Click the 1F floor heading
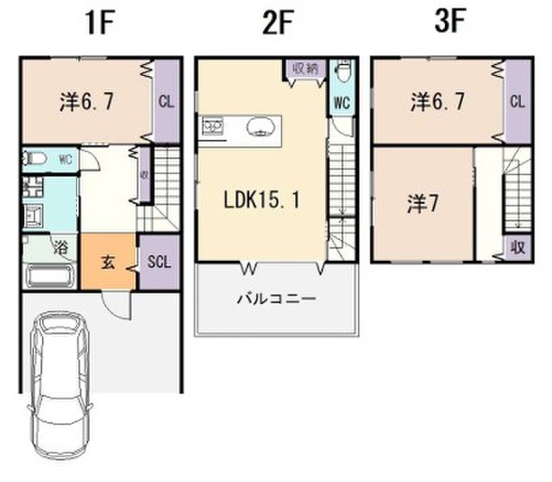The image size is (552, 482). [100, 22]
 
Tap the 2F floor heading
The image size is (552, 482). [278, 22]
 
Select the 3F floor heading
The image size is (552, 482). [450, 22]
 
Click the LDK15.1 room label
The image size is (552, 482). [262, 200]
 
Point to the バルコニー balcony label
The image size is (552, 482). [277, 300]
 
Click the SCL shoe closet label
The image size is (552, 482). [159, 262]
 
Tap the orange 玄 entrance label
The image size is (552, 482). [108, 262]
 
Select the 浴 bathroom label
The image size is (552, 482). [61, 248]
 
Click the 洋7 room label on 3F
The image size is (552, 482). [423, 204]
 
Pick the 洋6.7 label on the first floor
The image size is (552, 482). [87, 102]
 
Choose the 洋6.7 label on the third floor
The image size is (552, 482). [437, 102]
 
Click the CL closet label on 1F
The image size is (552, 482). [166, 102]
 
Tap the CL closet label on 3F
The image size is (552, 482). [517, 102]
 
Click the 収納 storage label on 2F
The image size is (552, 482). [305, 68]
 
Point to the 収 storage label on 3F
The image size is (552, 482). [518, 248]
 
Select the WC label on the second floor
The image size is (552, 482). [342, 103]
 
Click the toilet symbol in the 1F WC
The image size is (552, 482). [34, 159]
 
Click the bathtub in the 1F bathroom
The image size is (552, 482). [51, 276]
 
